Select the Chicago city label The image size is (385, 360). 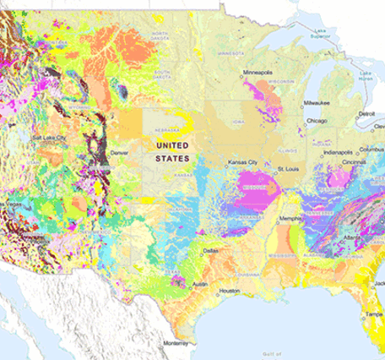(317, 121)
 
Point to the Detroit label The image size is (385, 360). (367, 113)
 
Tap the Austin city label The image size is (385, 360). (200, 284)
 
